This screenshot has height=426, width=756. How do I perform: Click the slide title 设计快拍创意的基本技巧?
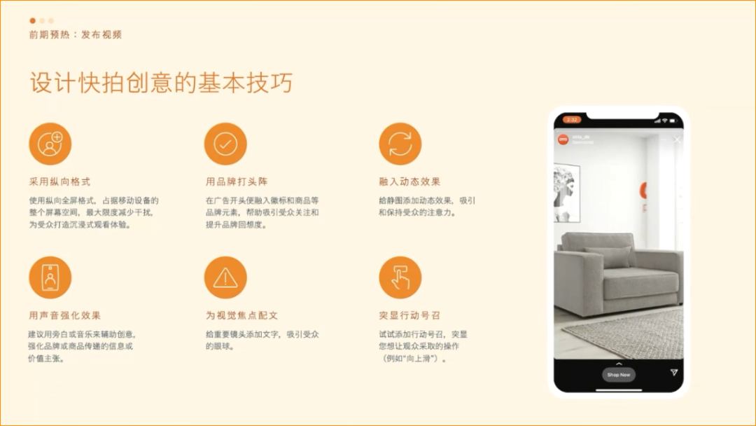tap(161, 83)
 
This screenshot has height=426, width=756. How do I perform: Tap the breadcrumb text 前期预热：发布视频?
tap(76, 34)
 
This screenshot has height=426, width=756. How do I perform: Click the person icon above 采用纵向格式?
tap(50, 144)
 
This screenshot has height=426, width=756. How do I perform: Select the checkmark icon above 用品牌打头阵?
tap(225, 144)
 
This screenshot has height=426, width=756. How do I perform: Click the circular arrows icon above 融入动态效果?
tap(400, 144)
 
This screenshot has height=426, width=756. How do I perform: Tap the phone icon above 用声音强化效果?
tap(50, 277)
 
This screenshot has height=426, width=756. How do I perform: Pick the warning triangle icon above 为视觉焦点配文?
tap(225, 277)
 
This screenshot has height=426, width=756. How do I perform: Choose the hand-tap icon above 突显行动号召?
tap(400, 277)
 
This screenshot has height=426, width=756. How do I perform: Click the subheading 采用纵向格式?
tap(59, 182)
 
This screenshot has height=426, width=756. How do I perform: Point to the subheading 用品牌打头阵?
tap(237, 182)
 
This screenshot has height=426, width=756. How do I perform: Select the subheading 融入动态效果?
tap(409, 182)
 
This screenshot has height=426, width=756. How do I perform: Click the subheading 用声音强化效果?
tap(64, 316)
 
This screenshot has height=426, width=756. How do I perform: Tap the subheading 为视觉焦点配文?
tap(241, 316)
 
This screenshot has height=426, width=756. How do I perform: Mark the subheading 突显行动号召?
tap(409, 316)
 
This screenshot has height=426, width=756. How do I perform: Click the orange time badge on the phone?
tap(572, 120)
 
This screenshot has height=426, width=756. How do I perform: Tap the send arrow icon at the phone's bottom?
tap(674, 373)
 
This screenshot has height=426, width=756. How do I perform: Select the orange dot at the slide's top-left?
tap(32, 21)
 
